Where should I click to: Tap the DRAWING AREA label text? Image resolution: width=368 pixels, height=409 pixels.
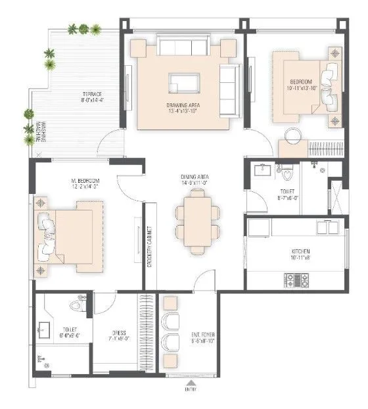(183, 107)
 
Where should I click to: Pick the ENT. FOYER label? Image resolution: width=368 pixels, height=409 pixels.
(202, 339)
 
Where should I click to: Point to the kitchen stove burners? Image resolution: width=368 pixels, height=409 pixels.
(302, 280)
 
